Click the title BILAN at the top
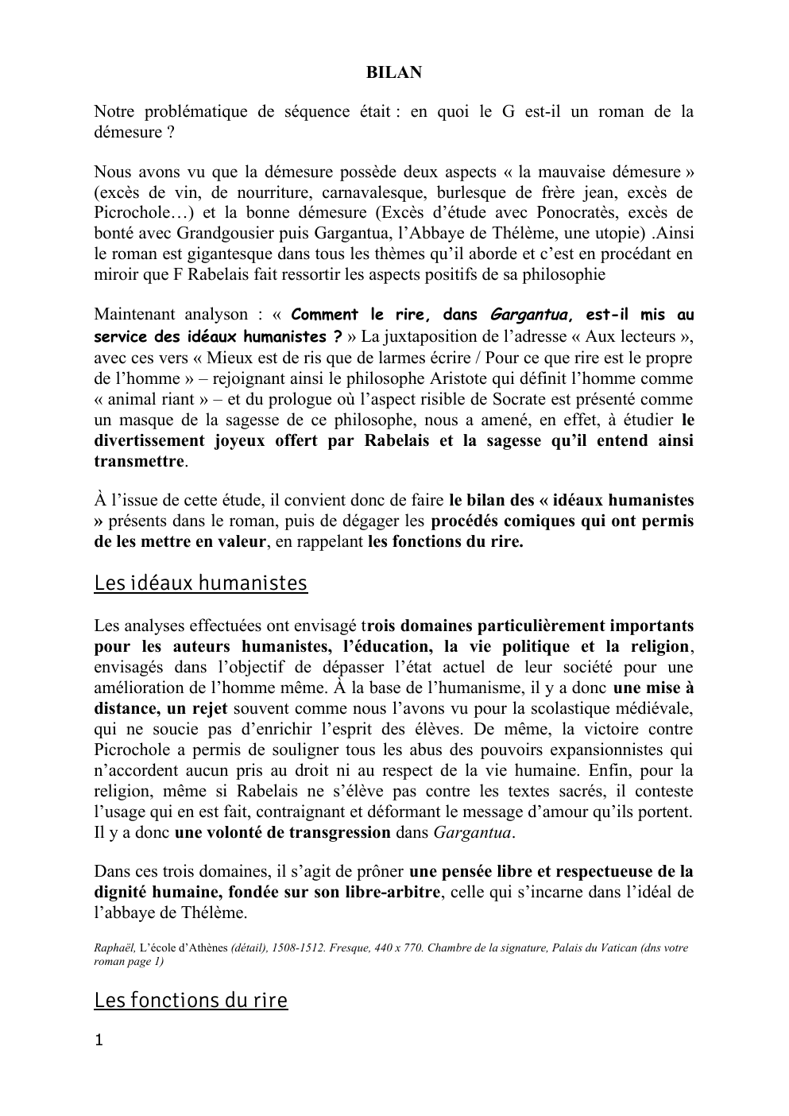(393, 72)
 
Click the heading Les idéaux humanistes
(200, 583)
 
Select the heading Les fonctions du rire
(191, 999)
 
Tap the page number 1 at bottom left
(99, 1040)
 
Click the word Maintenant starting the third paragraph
(132, 316)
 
